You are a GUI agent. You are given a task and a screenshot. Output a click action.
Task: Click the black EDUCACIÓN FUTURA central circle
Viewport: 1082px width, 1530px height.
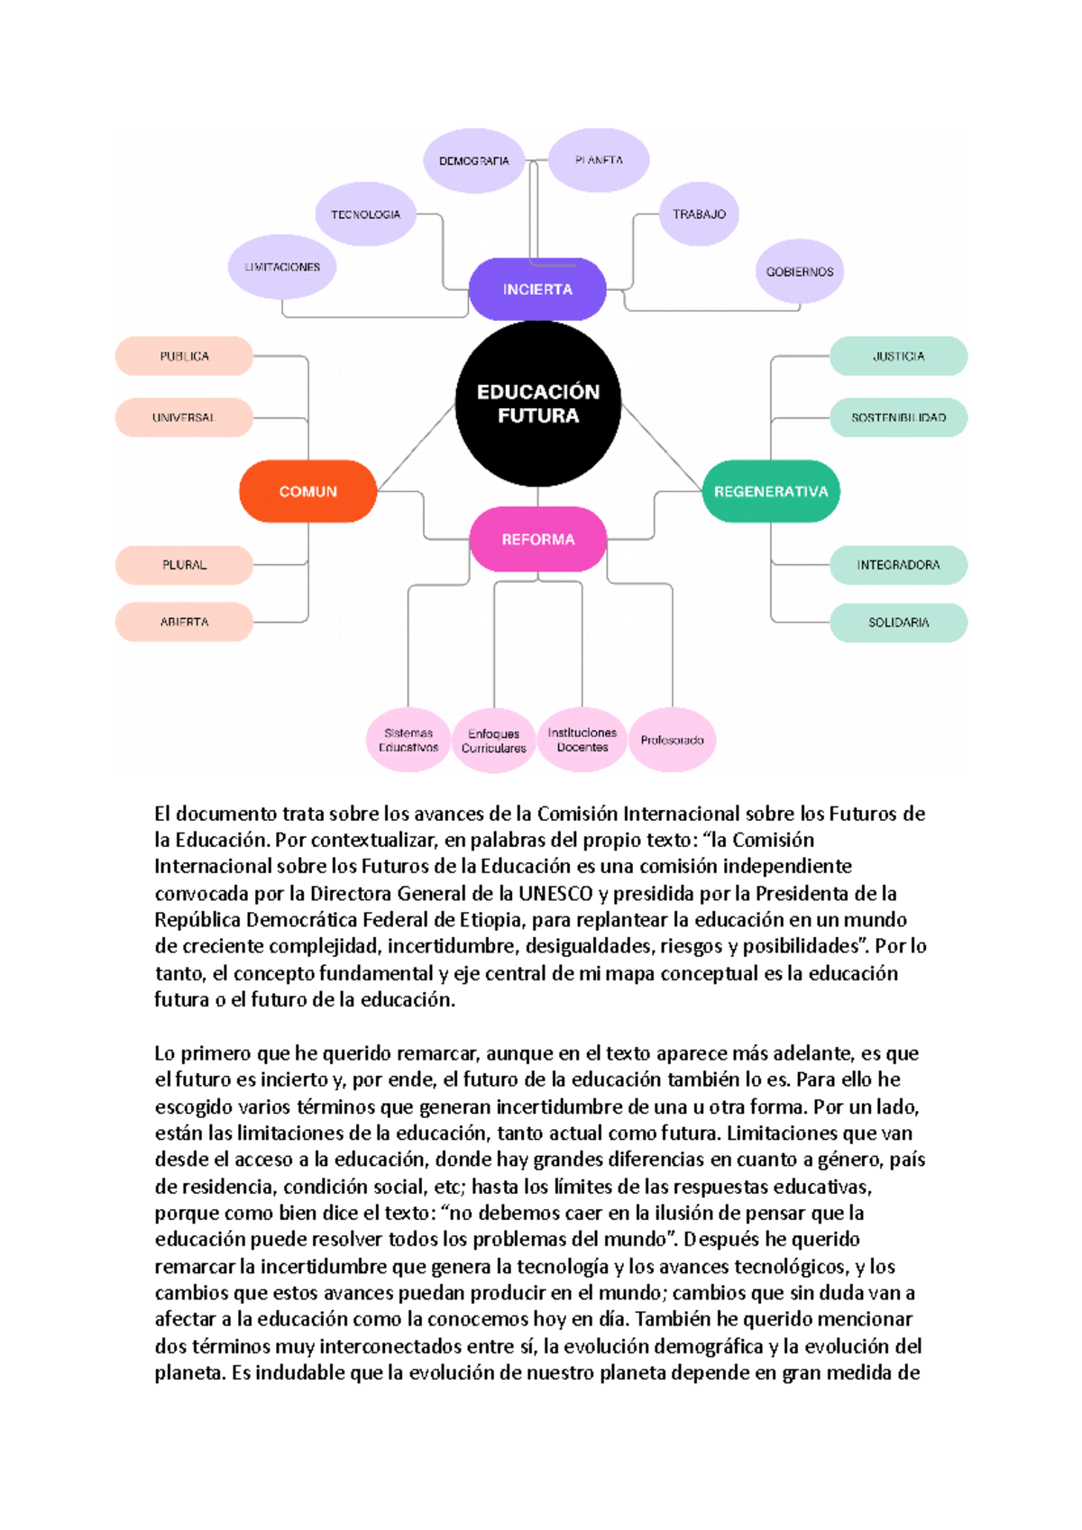coord(538,404)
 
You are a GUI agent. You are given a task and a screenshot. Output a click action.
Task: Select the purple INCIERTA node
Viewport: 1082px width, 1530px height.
coord(537,289)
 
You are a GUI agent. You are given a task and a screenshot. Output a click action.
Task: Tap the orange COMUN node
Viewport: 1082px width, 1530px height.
coord(307,491)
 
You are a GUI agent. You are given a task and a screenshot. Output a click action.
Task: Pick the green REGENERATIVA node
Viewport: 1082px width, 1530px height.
coord(771,491)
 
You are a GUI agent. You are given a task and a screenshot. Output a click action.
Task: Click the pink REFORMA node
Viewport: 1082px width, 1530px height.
coord(537,539)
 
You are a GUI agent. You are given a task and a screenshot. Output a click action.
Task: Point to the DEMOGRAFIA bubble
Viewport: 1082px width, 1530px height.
coord(473,160)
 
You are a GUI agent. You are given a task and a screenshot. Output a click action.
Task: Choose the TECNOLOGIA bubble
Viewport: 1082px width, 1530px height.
coord(365,214)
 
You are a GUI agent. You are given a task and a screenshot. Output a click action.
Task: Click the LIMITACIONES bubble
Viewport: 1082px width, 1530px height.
coord(282,267)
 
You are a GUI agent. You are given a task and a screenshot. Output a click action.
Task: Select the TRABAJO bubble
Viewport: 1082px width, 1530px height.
coord(699,214)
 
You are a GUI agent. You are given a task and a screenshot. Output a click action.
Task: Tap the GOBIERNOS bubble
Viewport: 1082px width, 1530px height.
coord(800,271)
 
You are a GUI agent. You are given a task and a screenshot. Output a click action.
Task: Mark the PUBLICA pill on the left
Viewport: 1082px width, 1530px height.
coord(184,356)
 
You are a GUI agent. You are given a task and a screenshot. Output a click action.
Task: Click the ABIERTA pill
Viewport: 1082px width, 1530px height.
coord(184,622)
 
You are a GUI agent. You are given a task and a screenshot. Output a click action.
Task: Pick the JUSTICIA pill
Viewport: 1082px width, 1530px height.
coord(898,356)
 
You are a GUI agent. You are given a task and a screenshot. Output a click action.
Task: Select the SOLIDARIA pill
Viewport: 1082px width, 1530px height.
coord(898,622)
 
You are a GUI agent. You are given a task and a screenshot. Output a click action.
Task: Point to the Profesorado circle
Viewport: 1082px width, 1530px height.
coord(672,740)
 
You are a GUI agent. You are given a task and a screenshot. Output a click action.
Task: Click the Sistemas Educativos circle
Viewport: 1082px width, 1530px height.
coord(408,740)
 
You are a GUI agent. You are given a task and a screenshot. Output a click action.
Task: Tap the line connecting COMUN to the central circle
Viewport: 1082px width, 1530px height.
coord(417,447)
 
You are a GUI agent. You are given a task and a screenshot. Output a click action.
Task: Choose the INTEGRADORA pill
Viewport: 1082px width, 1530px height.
coord(898,565)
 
